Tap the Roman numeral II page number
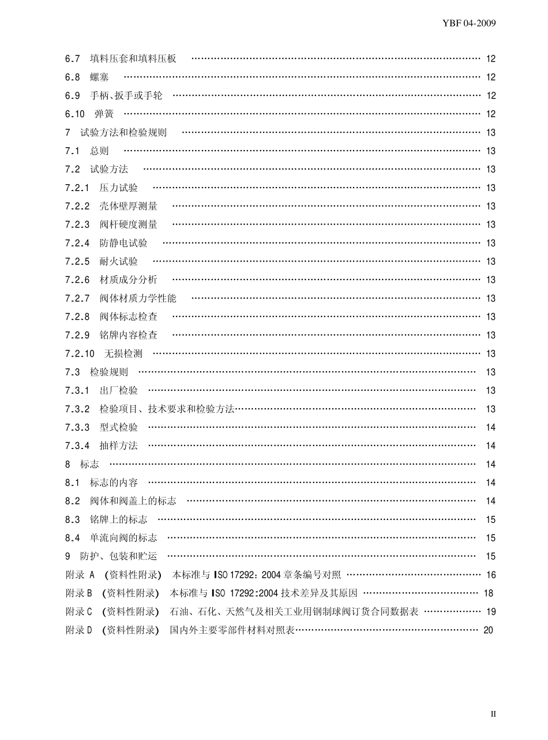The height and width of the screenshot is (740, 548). coord(493,714)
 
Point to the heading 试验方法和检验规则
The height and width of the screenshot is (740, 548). coord(123,133)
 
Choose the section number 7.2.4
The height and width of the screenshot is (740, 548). coord(78,243)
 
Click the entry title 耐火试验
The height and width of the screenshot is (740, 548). coord(119,261)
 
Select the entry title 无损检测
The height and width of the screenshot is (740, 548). coord(123,354)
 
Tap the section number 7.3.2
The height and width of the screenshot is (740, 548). coord(78,409)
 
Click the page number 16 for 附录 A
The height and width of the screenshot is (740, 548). coord(491,575)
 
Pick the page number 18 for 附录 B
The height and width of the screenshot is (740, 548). coord(489,593)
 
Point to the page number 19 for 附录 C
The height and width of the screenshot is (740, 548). coord(491,612)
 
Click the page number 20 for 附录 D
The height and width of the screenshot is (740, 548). coord(489,630)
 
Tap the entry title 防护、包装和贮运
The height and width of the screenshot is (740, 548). coord(119,556)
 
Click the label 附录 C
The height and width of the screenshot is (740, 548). coord(79,612)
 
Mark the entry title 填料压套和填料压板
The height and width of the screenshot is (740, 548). coord(133,59)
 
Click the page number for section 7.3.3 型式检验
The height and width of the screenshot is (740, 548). coord(491,428)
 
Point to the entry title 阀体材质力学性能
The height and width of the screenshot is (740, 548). coord(138,298)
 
